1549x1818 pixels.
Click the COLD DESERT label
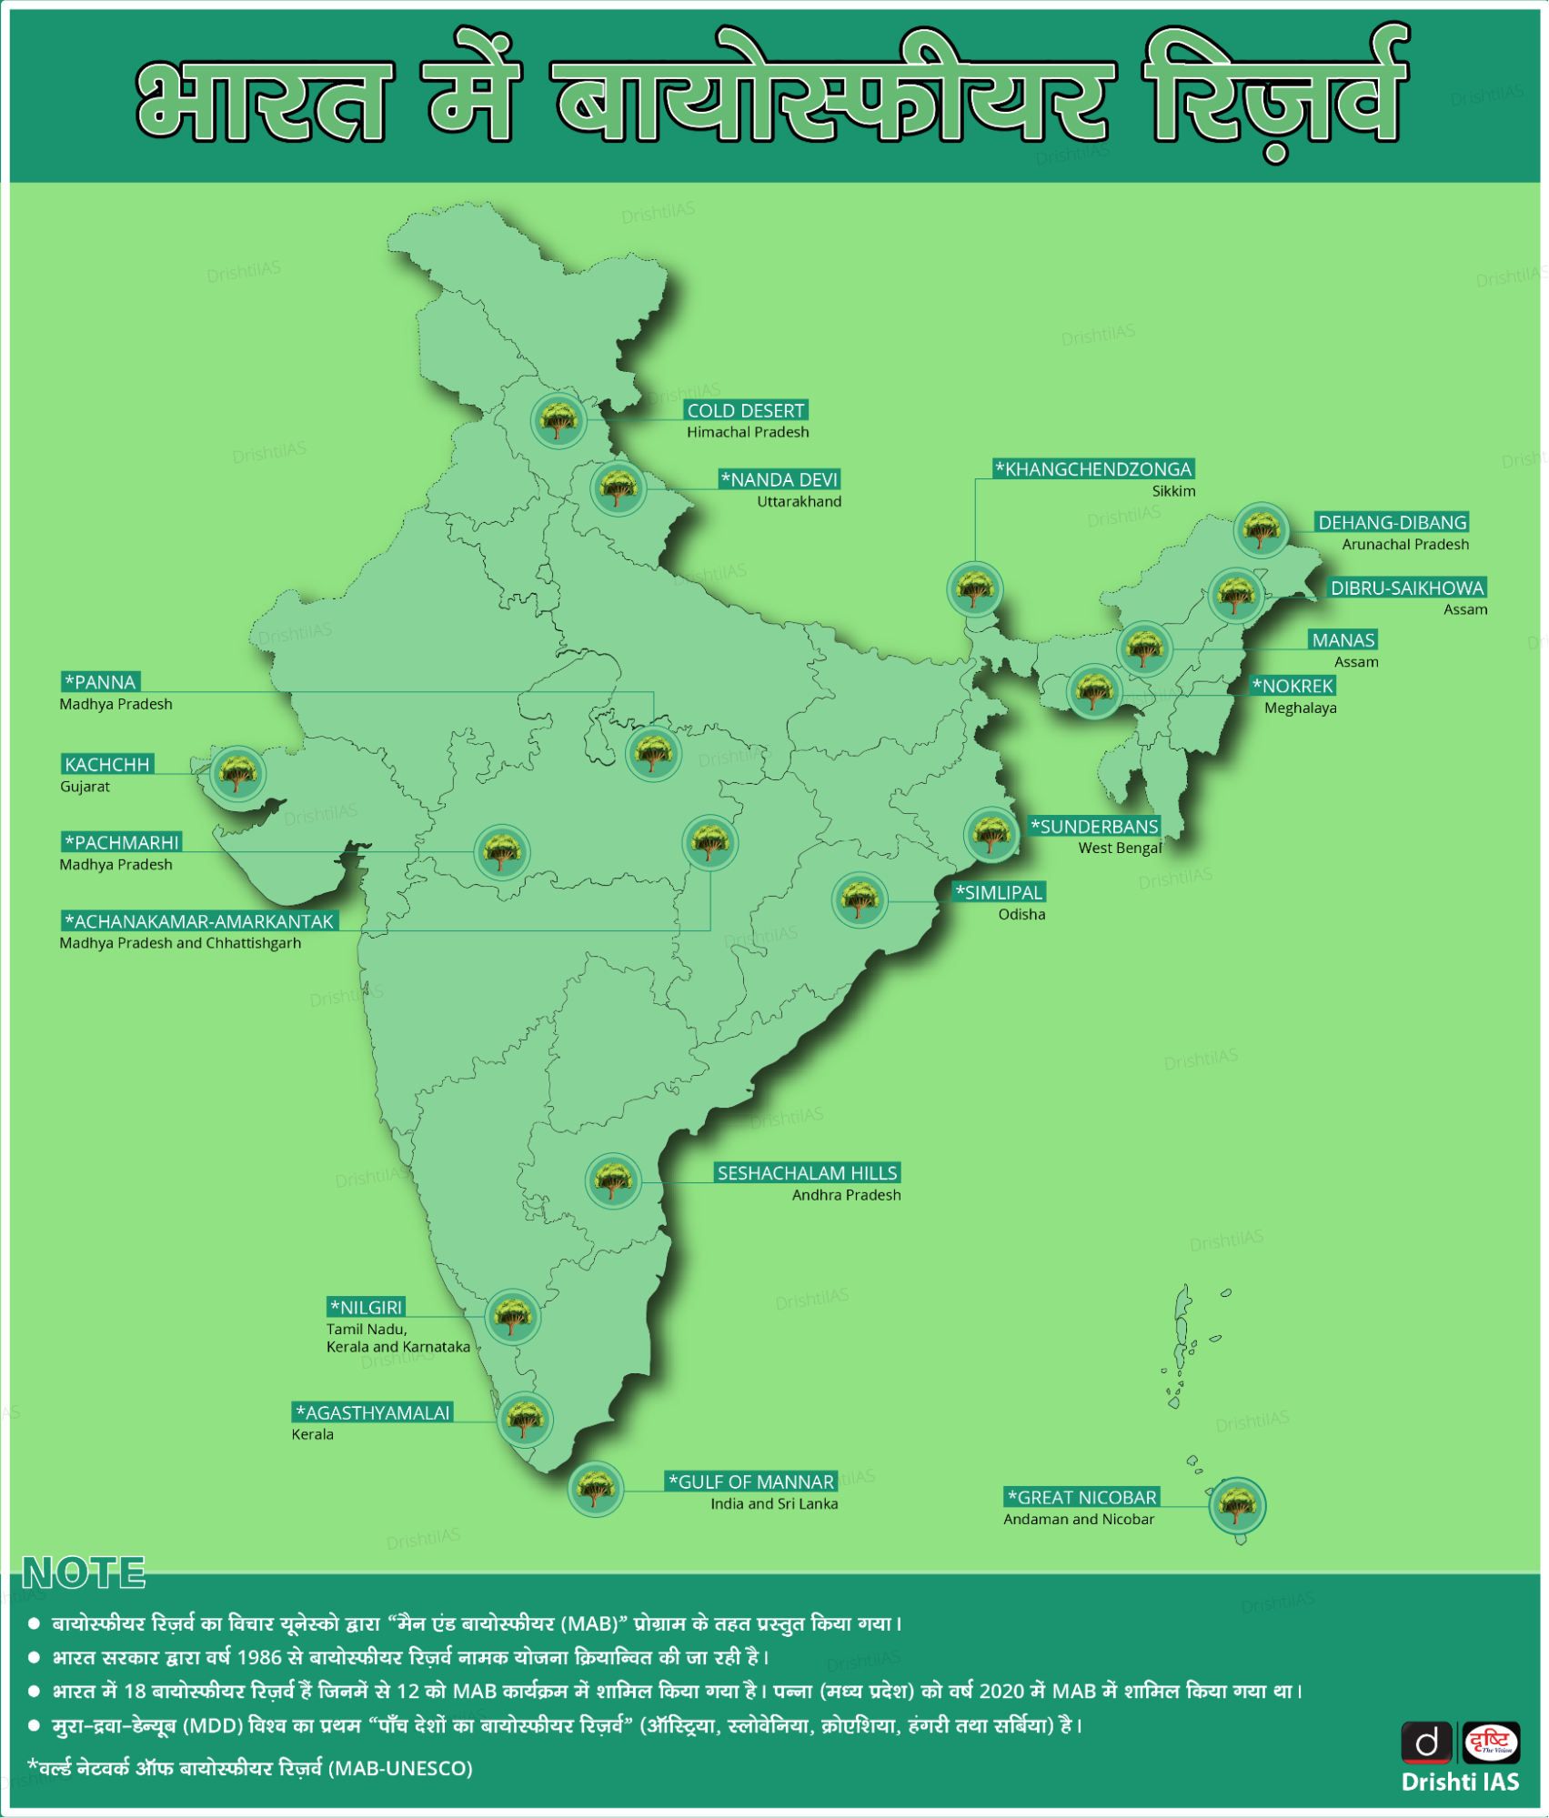click(x=745, y=411)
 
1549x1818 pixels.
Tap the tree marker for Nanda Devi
click(x=619, y=488)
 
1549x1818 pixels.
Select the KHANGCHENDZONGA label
click(x=1093, y=469)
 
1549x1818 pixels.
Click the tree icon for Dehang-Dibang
click(x=1261, y=529)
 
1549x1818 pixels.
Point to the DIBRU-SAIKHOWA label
click(x=1406, y=588)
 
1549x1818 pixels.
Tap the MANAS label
click(x=1343, y=640)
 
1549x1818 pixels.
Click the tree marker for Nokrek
click(x=1093, y=692)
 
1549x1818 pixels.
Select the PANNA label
click(x=101, y=682)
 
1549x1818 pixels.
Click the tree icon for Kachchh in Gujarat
click(x=238, y=773)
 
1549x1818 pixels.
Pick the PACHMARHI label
click(x=122, y=842)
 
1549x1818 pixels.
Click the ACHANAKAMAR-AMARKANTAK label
click(x=200, y=921)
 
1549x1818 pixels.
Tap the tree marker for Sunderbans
click(x=991, y=834)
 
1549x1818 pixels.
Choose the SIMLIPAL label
click(x=999, y=893)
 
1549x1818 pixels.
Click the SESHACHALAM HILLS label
click(x=807, y=1173)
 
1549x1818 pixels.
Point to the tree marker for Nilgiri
click(x=513, y=1316)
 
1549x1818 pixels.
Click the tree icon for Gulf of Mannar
click(x=596, y=1489)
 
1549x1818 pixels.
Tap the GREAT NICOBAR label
click(x=1081, y=1497)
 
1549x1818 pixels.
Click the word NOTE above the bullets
click(x=84, y=1573)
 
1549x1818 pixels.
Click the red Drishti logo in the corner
click(x=1490, y=1743)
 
